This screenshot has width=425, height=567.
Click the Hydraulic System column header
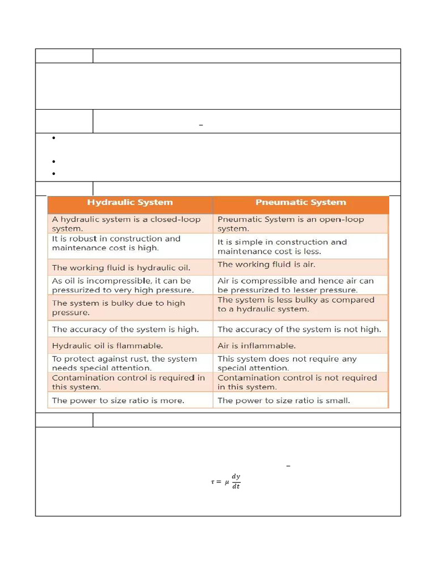coord(130,203)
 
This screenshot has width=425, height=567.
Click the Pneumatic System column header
coord(300,203)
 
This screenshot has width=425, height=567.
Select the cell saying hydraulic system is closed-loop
coord(130,224)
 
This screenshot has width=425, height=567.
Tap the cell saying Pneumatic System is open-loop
coord(300,224)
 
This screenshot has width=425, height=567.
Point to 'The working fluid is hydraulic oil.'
coord(130,267)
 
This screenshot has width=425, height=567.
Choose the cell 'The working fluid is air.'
coord(300,265)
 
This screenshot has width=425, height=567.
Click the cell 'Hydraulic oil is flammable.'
coord(130,346)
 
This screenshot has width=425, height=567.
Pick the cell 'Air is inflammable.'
coord(300,346)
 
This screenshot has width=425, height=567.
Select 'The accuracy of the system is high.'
coord(130,329)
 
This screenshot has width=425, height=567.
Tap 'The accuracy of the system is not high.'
coord(300,329)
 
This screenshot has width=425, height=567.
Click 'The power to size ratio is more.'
coord(130,400)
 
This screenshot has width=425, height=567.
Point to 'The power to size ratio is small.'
coord(300,400)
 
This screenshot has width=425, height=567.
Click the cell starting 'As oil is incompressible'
coord(130,285)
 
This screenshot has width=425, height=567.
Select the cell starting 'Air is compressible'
coord(300,285)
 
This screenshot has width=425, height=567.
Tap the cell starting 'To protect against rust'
coord(130,363)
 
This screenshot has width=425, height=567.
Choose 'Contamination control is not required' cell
coord(300,382)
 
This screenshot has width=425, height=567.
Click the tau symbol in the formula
coord(212,482)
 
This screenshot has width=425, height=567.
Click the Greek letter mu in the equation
coord(226,482)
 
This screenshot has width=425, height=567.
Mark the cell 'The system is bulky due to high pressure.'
coord(130,308)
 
